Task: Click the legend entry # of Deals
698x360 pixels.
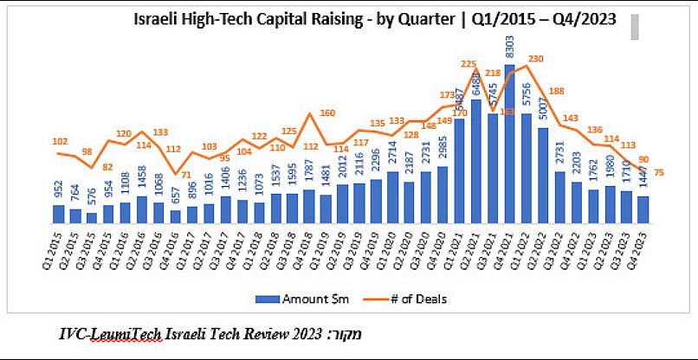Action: pyautogui.click(x=410, y=298)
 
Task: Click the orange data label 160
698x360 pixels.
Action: pyautogui.click(x=326, y=113)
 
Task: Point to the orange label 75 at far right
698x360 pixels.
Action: pyautogui.click(x=660, y=172)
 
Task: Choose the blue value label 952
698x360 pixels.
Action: pyautogui.click(x=58, y=191)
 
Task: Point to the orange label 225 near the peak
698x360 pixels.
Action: pyautogui.click(x=469, y=63)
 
